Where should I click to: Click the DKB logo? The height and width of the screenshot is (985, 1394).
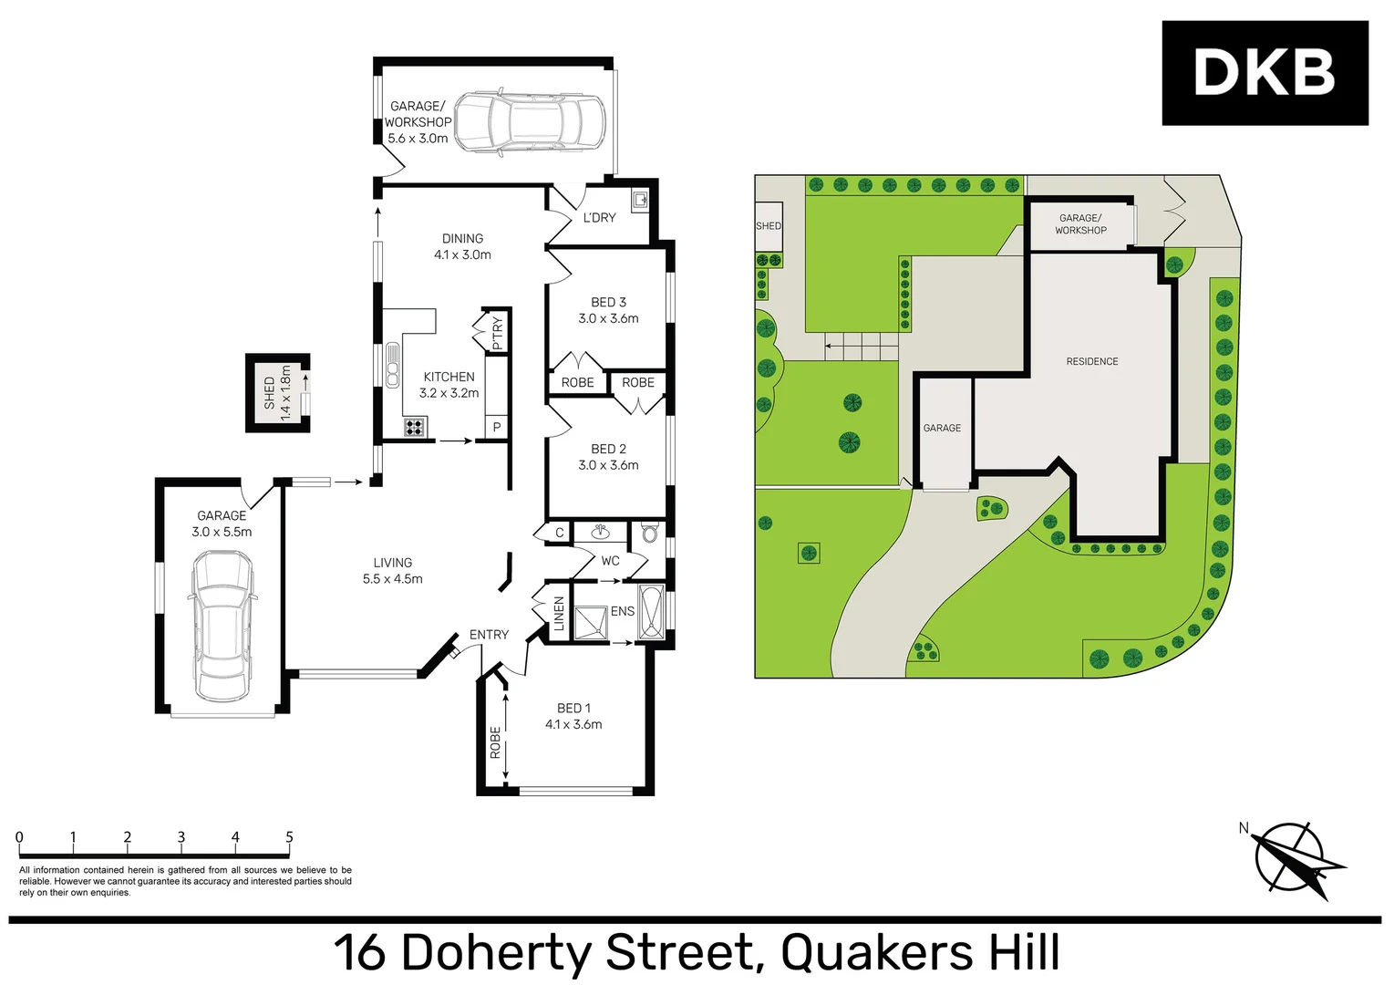point(1265,73)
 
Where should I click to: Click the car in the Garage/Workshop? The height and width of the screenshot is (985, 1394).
point(529,121)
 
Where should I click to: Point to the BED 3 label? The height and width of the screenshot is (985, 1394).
point(608,303)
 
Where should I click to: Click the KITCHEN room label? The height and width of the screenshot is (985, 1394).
point(449,377)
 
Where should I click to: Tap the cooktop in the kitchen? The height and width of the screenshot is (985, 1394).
point(414,427)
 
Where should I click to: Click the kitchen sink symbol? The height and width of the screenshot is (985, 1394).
point(393,365)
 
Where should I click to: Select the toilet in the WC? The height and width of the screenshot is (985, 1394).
point(649,533)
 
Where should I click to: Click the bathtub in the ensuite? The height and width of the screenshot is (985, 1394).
point(651,612)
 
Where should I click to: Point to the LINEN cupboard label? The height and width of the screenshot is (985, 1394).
point(559,614)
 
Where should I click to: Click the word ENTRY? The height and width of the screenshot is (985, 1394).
point(489,635)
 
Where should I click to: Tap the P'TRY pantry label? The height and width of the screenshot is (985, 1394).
point(497,333)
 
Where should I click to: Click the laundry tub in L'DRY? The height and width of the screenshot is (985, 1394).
point(640,200)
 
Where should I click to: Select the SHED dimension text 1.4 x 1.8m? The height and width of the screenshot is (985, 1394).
point(285,392)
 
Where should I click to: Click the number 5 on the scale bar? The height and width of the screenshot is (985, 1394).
point(289,837)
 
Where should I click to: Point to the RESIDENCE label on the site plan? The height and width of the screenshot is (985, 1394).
point(1091,362)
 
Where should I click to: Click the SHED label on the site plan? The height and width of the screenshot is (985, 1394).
point(768,226)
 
